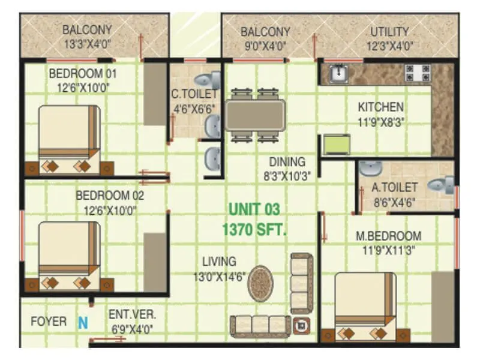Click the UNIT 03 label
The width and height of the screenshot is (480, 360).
(254, 209)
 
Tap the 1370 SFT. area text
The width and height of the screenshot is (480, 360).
(254, 229)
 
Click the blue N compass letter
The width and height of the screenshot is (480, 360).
(83, 322)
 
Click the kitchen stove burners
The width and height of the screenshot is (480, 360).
(417, 73)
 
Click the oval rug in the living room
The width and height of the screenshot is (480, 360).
(262, 281)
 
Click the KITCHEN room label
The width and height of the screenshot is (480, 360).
(380, 107)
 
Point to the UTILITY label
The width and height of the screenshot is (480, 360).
(389, 32)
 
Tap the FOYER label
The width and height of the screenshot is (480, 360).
(49, 322)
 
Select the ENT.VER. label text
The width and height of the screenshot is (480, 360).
(132, 314)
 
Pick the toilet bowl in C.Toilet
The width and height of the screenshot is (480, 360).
(208, 79)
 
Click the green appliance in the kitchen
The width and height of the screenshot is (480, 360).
(336, 145)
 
